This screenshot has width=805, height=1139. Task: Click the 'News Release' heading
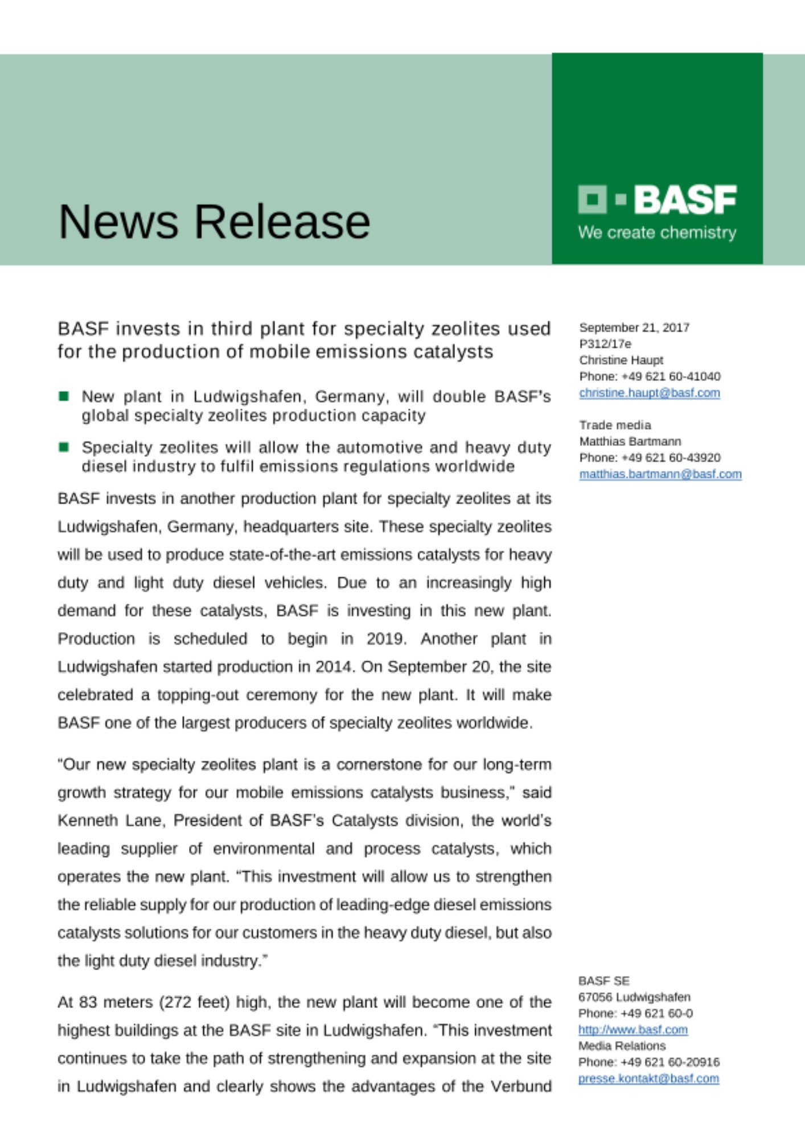(214, 222)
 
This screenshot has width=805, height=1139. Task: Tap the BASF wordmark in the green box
(685, 200)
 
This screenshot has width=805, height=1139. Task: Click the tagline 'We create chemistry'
(657, 232)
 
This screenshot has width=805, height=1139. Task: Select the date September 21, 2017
(634, 327)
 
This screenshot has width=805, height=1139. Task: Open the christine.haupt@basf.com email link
(650, 393)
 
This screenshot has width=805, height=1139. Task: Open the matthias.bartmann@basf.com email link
(660, 474)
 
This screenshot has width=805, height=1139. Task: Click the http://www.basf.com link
(633, 1030)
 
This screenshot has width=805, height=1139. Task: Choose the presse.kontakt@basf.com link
(649, 1079)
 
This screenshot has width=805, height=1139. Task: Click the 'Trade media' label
(615, 425)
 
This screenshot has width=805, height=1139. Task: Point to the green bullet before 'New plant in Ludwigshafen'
(64, 396)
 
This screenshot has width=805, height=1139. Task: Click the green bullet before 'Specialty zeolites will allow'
(64, 447)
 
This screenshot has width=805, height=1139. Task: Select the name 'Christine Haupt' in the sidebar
(621, 360)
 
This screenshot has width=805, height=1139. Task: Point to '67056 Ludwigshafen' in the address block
(634, 997)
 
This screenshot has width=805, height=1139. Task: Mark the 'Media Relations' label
(622, 1046)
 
